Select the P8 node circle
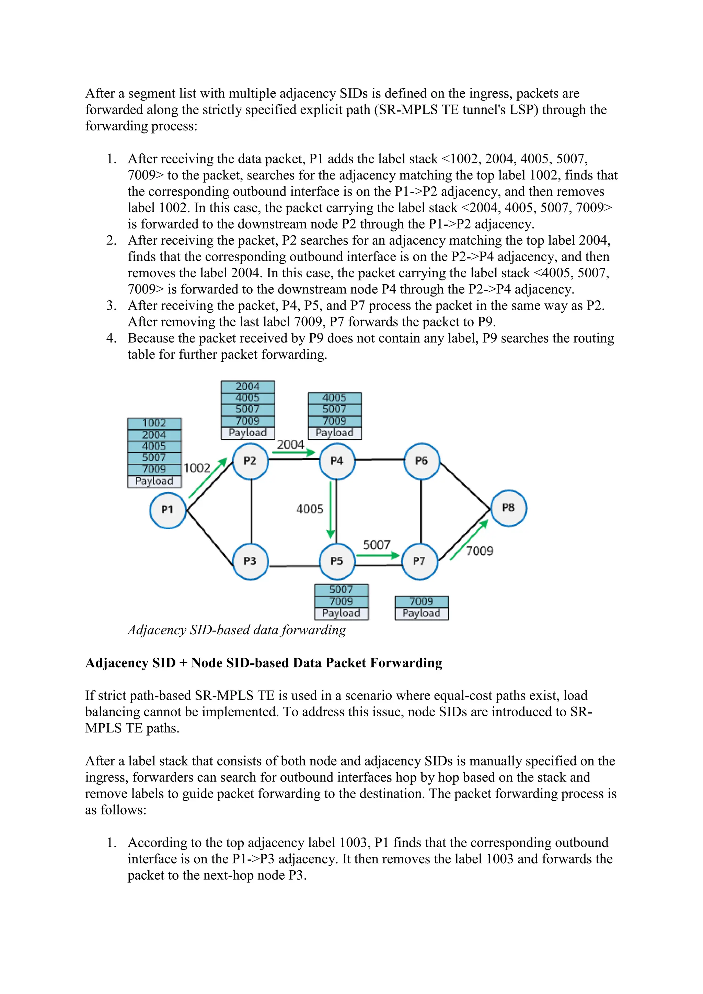(508, 508)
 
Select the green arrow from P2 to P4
(293, 453)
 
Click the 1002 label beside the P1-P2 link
(197, 468)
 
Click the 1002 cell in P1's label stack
(154, 424)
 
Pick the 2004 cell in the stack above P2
(247, 386)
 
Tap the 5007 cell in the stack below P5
(341, 590)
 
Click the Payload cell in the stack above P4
(335, 433)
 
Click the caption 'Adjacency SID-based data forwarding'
(237, 630)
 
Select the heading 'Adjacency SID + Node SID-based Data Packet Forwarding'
(264, 663)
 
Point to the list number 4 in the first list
(111, 338)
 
